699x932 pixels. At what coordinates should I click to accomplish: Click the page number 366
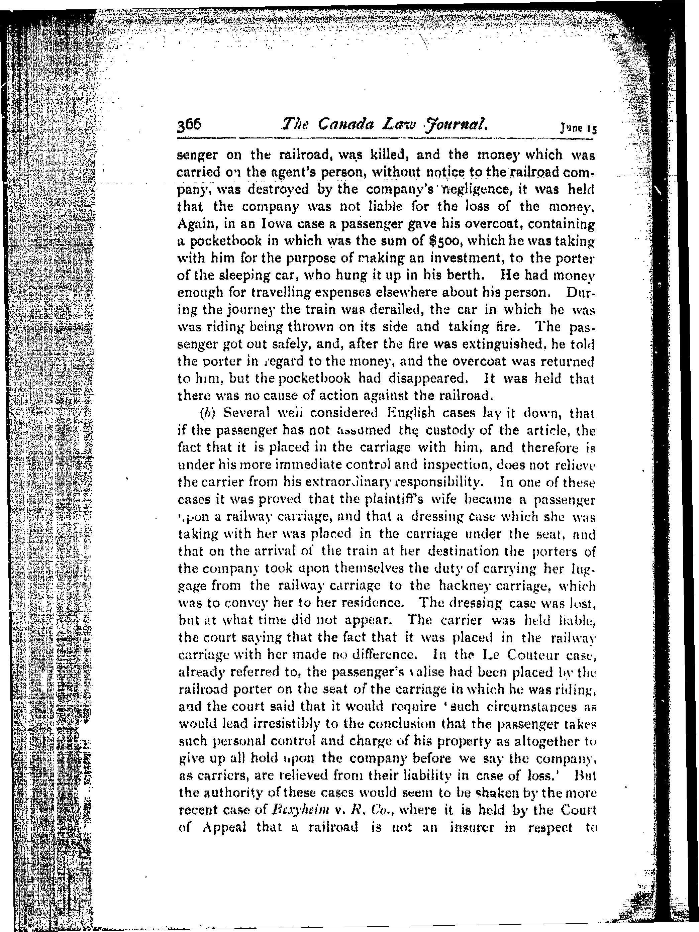190,125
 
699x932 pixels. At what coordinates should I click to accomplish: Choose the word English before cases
404,413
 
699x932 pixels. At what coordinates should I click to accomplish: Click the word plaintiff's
389,499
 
